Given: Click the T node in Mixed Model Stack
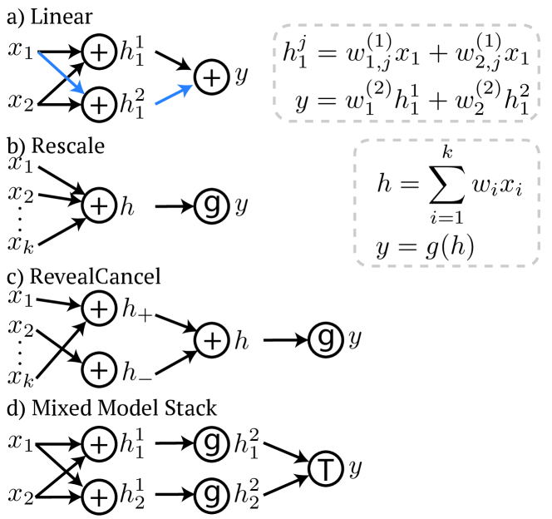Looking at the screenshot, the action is pyautogui.click(x=325, y=468).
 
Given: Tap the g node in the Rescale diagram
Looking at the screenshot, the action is pyautogui.click(x=212, y=206).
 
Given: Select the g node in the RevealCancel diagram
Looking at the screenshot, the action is pyautogui.click(x=325, y=340).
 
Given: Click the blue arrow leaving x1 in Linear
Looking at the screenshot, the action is pyautogui.click(x=62, y=73).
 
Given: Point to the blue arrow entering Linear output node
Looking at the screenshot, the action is pyautogui.click(x=174, y=94).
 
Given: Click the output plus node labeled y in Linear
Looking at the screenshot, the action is pyautogui.click(x=212, y=77).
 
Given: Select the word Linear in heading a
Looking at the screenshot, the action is pyautogui.click(x=62, y=17).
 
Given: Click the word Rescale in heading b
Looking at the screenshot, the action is pyautogui.click(x=68, y=146).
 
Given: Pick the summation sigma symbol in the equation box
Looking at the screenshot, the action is pyautogui.click(x=446, y=184).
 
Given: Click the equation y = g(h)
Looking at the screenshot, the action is pyautogui.click(x=425, y=247).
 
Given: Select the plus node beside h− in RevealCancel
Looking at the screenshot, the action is pyautogui.click(x=99, y=370).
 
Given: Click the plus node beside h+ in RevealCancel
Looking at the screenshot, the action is pyautogui.click(x=99, y=309).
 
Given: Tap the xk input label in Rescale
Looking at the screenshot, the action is pyautogui.click(x=21, y=245).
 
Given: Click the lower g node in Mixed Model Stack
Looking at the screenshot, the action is pyautogui.click(x=212, y=494).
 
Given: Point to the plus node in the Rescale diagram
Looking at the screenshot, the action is pyautogui.click(x=99, y=206).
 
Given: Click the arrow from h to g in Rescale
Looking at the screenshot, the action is pyautogui.click(x=175, y=206).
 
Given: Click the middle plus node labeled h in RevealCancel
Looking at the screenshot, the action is pyautogui.click(x=212, y=340).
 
